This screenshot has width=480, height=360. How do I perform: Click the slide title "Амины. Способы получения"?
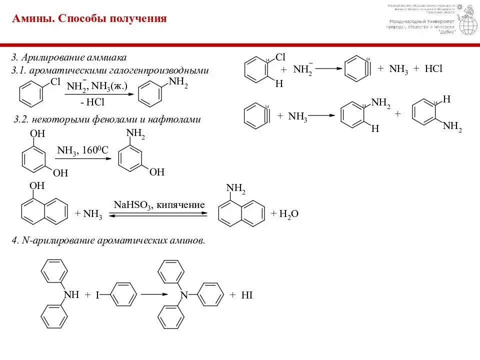(89, 19)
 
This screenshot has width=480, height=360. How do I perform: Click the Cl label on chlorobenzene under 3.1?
(55, 80)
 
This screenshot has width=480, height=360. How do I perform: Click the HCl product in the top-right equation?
(433, 69)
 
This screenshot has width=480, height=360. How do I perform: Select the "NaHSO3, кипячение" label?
(159, 205)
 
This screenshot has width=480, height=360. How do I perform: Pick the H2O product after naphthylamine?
(288, 214)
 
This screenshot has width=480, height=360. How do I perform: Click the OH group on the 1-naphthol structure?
(37, 186)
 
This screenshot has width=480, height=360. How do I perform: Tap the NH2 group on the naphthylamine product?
(236, 188)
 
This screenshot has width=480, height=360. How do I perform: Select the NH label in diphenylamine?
(71, 294)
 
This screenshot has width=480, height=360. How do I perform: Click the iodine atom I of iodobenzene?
(98, 295)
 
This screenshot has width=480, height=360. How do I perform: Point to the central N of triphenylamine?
(183, 295)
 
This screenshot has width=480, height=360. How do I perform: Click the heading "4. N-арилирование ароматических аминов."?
(108, 241)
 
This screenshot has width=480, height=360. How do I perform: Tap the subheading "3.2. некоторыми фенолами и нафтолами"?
(107, 119)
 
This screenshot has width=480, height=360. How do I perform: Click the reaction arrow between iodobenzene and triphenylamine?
(154, 294)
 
